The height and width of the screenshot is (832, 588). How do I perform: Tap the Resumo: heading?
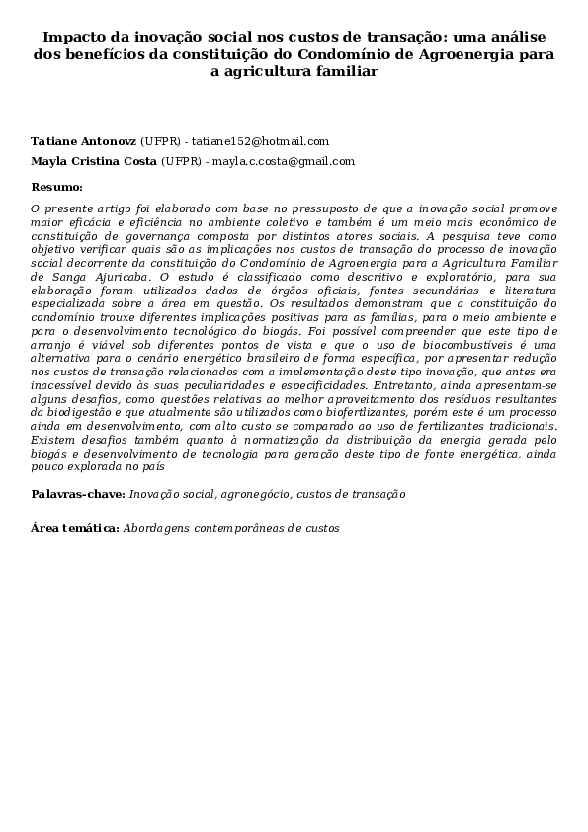coord(56,186)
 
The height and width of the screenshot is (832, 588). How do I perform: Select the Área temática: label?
coord(75,528)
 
